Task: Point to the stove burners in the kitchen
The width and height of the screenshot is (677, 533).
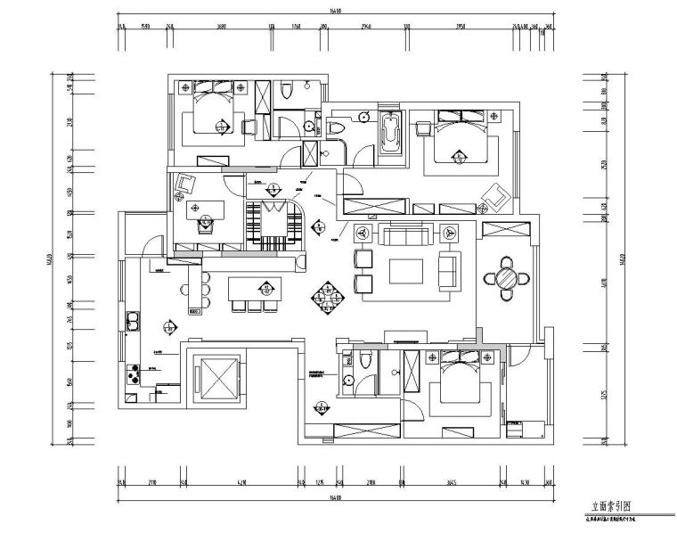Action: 135,373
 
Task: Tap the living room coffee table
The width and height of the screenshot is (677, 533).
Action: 406,270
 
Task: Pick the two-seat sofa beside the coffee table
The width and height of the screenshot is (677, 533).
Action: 451,270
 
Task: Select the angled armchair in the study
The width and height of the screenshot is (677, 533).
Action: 186,184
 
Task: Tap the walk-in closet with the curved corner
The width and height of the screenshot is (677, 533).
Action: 276,219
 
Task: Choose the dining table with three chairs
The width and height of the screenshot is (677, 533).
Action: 256,291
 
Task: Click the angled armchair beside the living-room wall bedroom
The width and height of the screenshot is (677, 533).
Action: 495,193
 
